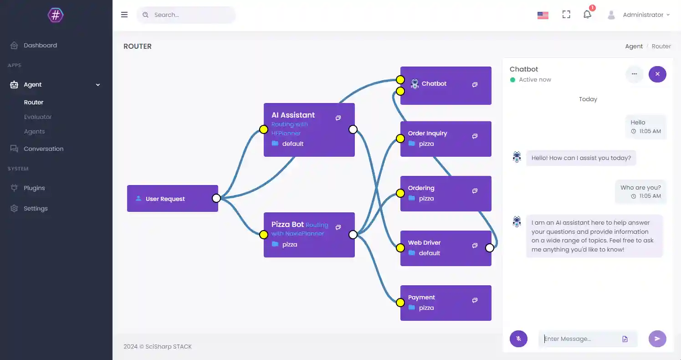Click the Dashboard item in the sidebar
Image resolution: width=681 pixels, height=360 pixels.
point(40,46)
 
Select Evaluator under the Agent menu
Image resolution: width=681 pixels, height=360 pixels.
point(38,117)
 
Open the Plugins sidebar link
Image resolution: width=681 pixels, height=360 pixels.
point(34,188)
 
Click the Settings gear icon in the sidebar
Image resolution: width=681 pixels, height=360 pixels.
point(15,209)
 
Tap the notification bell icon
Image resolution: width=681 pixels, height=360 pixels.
point(587,15)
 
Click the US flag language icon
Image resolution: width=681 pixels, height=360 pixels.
point(543,15)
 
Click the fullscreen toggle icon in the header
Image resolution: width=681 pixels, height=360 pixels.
point(566,15)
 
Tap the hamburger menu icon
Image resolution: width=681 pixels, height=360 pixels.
point(124,15)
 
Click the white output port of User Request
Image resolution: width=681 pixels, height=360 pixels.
point(216,198)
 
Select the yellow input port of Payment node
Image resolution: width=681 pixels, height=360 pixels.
point(400,303)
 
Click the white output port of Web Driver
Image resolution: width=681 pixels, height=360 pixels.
point(489,248)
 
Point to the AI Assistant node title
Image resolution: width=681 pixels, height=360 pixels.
point(293,115)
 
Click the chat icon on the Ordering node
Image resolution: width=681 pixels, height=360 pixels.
point(475,191)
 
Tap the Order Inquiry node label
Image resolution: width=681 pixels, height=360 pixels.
point(427,134)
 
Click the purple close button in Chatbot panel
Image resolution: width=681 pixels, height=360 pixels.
point(657,74)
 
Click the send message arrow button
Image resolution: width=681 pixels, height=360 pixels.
point(657,339)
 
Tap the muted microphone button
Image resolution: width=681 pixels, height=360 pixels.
point(518,339)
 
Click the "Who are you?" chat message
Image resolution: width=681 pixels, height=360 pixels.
point(640,188)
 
